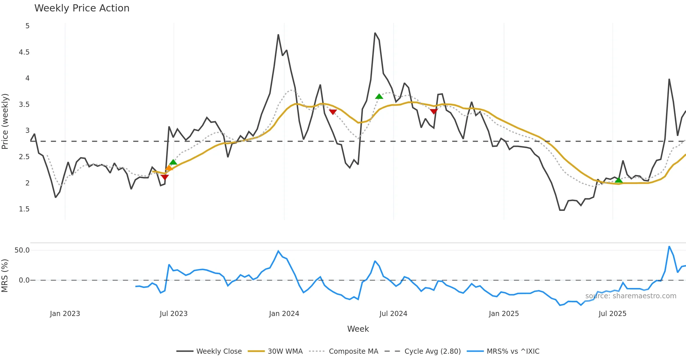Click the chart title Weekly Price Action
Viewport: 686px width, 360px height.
[82, 8]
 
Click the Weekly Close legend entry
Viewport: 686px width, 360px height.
[219, 351]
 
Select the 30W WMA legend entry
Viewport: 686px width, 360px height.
[285, 351]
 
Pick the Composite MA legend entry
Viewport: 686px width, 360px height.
[353, 351]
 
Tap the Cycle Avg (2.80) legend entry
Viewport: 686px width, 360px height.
[432, 351]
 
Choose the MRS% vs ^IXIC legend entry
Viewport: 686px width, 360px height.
[513, 351]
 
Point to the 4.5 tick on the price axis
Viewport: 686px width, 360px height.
[24, 52]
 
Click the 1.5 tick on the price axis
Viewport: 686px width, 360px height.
[24, 209]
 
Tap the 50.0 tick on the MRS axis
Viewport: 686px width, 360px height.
[22, 250]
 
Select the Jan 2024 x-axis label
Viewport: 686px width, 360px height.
[284, 314]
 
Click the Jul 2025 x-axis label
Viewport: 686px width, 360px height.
[612, 314]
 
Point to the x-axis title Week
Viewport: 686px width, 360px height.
[358, 329]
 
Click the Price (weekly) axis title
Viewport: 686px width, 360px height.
[5, 121]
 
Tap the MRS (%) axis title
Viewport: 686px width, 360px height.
[5, 276]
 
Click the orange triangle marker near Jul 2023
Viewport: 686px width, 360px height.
[169, 168]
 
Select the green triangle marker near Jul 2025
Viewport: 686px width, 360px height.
[619, 180]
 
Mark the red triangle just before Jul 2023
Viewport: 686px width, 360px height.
[165, 177]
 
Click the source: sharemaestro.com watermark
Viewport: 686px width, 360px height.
[631, 296]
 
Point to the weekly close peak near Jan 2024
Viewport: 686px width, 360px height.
[278, 35]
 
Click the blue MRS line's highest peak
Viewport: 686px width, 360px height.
[669, 246]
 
